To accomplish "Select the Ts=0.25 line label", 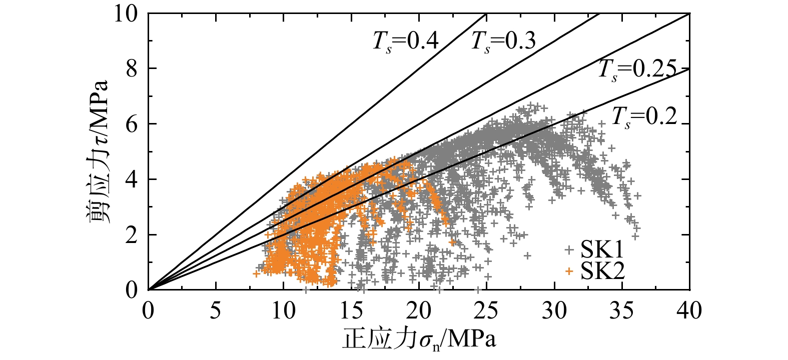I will (x=637, y=69).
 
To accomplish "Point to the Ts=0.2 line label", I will (x=644, y=117).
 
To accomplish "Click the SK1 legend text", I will (x=602, y=248).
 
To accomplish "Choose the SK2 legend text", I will (x=602, y=271).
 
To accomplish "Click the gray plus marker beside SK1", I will (x=569, y=248).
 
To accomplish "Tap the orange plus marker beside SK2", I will (x=569, y=271).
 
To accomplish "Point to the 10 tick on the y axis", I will (x=126, y=13).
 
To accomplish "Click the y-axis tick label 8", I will (x=131, y=68).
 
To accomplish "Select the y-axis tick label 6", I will (x=131, y=124).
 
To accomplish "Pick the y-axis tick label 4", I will (x=131, y=179).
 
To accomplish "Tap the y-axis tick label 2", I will (x=131, y=234).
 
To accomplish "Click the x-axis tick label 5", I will (x=216, y=311).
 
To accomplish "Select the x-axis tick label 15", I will (x=351, y=311).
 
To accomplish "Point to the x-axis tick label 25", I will (x=486, y=311).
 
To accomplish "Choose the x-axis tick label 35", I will (x=622, y=311).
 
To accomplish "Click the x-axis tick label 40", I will (x=689, y=311).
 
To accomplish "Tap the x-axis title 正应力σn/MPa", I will (x=419, y=340).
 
